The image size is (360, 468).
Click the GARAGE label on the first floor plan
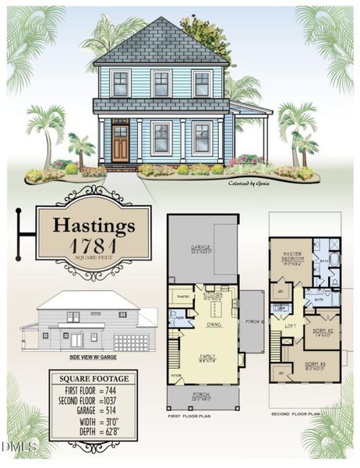pos(202,250)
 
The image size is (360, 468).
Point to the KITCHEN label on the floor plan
pos(214,295)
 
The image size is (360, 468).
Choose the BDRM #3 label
pos(315,364)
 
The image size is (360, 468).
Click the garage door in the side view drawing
pos(130,342)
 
